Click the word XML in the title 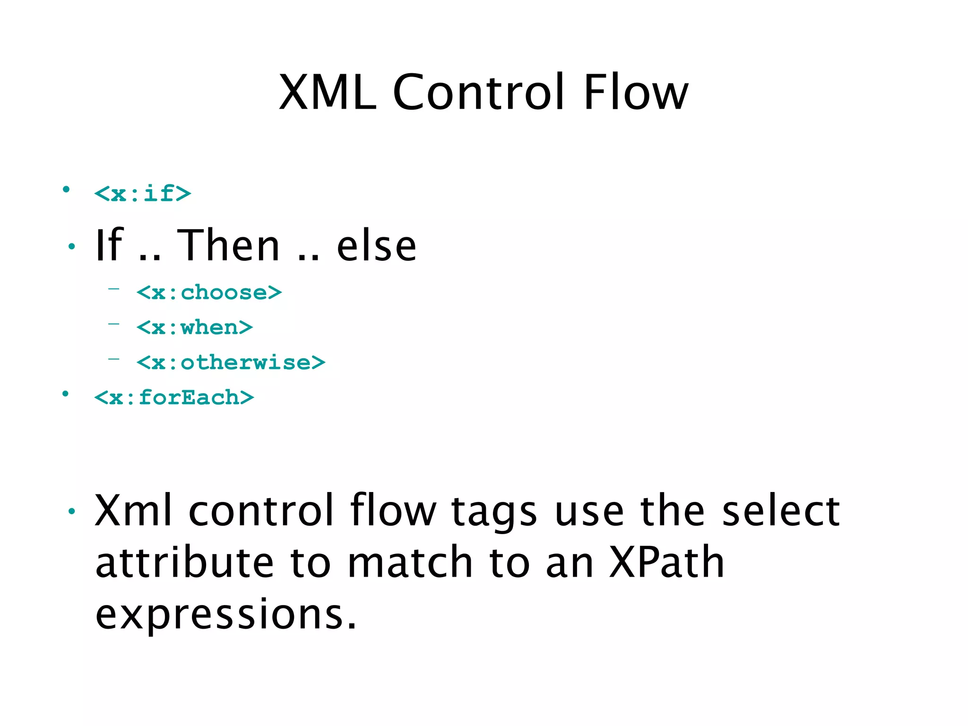coord(327,93)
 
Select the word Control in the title coord(478,93)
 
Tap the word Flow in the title coord(636,93)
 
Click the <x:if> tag coord(143,194)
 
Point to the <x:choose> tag coord(209,293)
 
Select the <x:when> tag coord(195,328)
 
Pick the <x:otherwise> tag coord(231,363)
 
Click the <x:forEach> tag coord(174,398)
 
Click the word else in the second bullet coord(376,246)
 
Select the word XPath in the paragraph coord(666,562)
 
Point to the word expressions coord(226,614)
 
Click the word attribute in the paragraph coord(184,562)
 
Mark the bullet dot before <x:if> coord(66,190)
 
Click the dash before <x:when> coord(113,324)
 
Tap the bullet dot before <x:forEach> coord(66,394)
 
